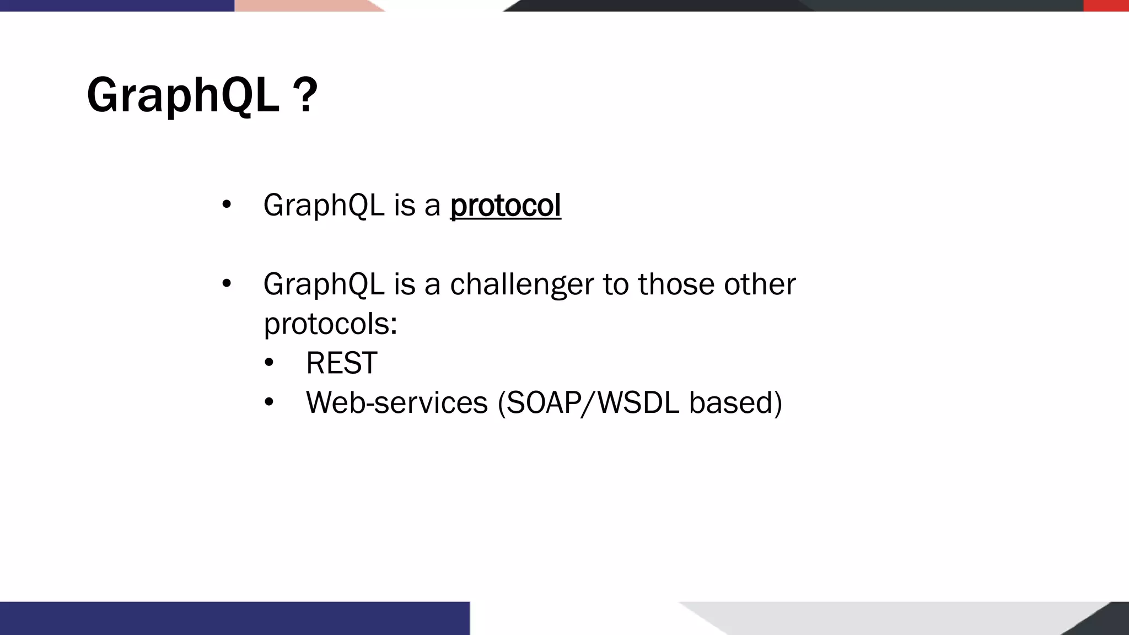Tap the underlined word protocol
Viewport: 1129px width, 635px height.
pos(506,206)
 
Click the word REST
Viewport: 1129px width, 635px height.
pos(341,363)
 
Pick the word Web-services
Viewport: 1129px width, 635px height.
pos(397,402)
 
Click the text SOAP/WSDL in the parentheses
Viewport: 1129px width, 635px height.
pos(592,402)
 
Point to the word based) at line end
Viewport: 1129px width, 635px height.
pos(735,402)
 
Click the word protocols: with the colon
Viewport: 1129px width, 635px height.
pos(330,324)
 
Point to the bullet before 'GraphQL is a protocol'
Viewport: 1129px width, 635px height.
pos(226,205)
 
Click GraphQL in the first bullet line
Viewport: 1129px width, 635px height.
pos(324,206)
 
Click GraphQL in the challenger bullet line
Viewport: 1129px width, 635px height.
pos(324,285)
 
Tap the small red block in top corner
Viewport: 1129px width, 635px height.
pos(1105,6)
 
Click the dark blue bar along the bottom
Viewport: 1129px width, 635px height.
pos(234,618)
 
